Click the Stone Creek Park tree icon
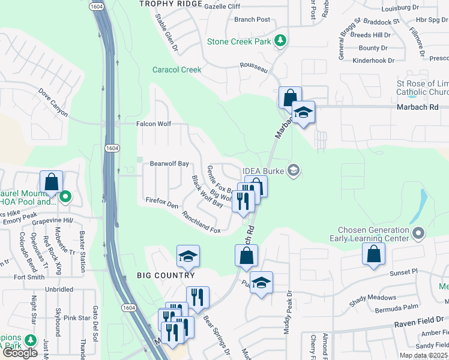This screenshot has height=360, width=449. [280, 41]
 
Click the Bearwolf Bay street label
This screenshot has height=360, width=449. [169, 163]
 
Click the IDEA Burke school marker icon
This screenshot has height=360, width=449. [293, 171]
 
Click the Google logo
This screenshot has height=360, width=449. [20, 352]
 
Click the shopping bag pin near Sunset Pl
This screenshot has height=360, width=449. [373, 254]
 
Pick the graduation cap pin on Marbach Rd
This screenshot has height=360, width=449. [303, 112]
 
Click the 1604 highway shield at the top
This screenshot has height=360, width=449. [96, 6]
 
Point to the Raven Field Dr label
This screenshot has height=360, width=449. [420, 323]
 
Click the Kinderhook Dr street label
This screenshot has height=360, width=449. [373, 60]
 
